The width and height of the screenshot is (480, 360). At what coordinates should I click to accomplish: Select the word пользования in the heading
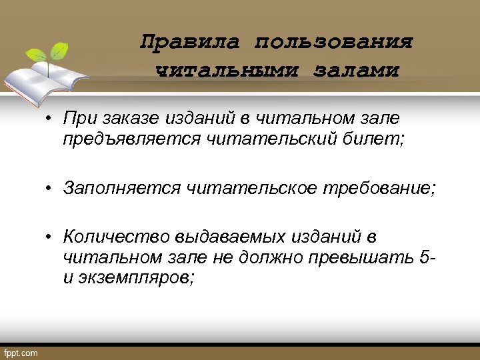(333, 43)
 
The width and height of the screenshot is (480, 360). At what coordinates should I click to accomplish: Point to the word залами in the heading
(356, 70)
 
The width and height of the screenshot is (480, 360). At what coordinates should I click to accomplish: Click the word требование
(379, 188)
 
